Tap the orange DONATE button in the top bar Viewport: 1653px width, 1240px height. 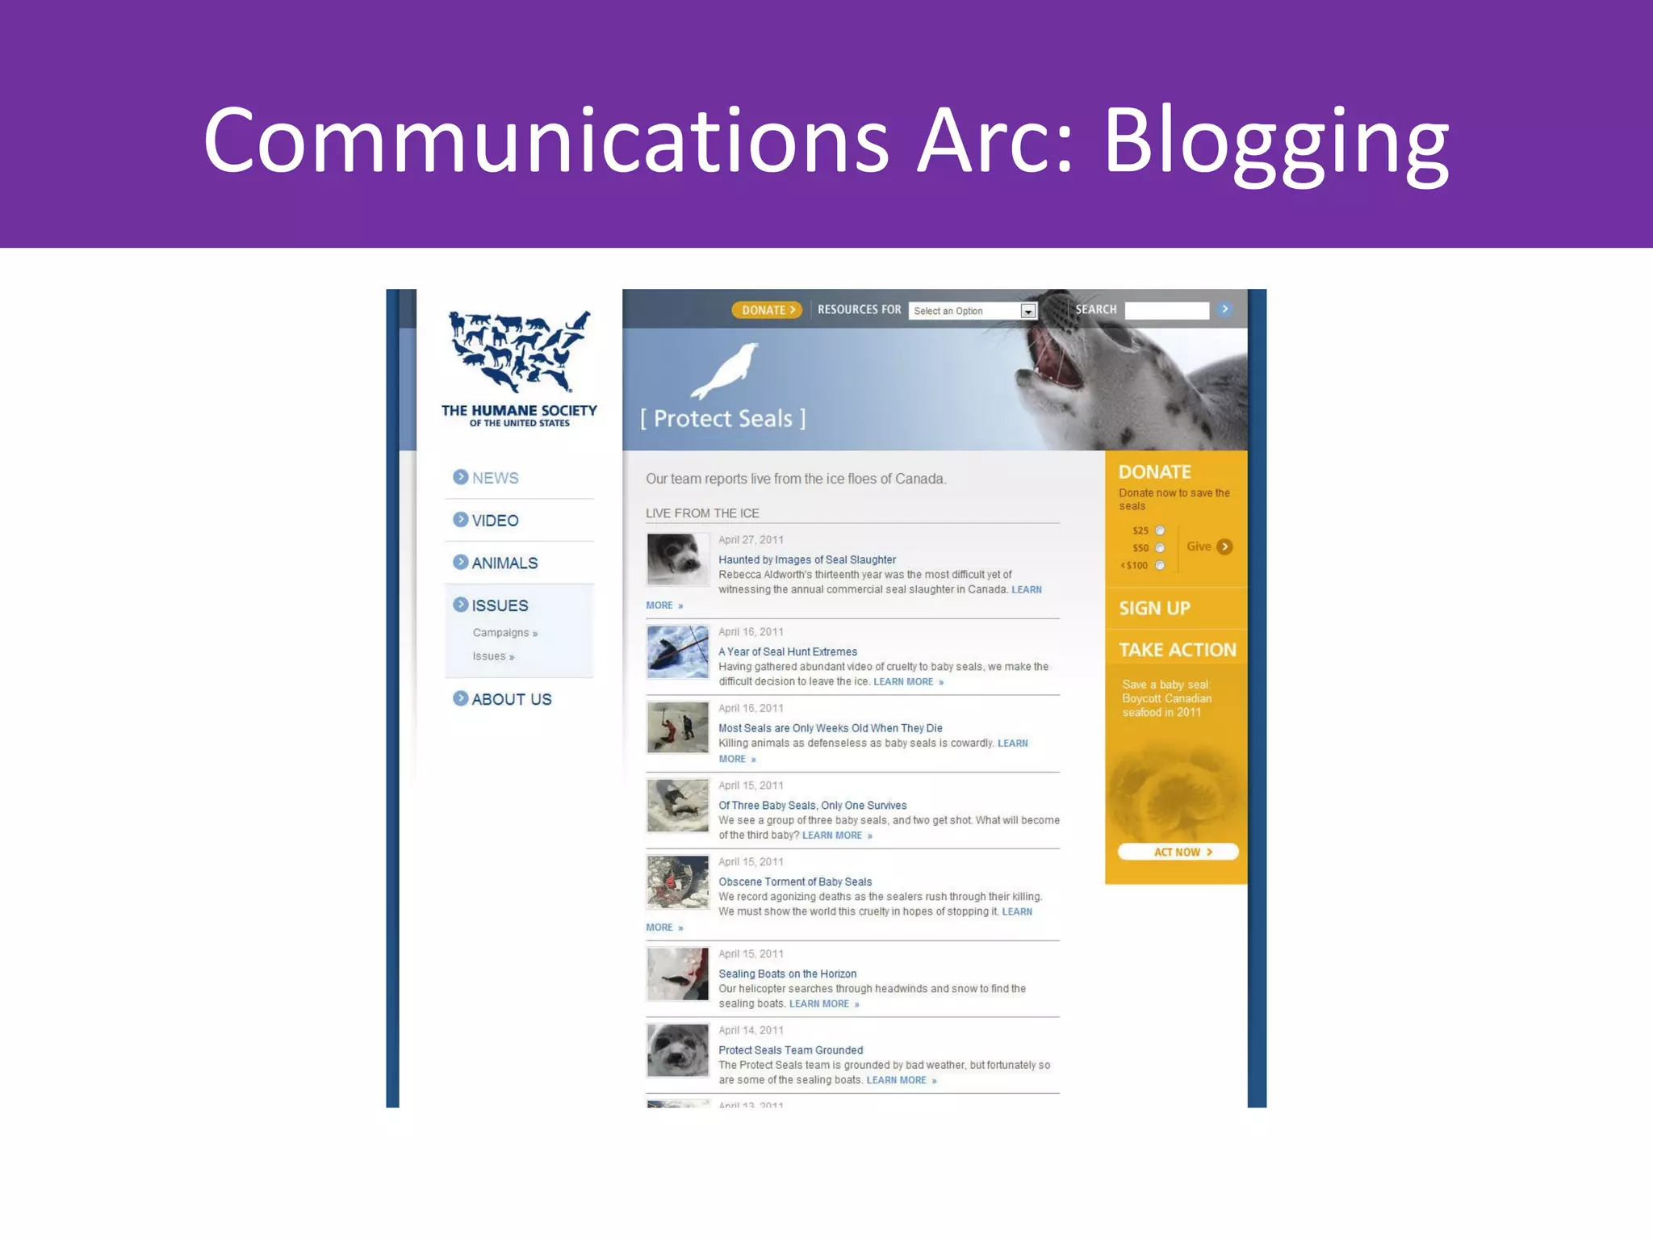[767, 310]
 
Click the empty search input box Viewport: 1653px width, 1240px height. [1166, 310]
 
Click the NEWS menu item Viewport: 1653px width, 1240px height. [495, 478]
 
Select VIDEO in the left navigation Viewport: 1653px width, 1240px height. [495, 521]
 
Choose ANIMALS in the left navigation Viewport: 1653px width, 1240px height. [504, 563]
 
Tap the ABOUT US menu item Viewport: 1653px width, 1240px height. [511, 699]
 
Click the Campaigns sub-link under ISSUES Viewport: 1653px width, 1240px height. [501, 633]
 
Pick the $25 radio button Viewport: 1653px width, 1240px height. [1160, 530]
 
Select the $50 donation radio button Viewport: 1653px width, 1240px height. [1160, 547]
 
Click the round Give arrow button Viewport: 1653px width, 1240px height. [1224, 547]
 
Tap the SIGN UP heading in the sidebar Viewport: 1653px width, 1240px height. [1154, 608]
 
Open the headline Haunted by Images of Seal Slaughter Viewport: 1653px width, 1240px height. [807, 559]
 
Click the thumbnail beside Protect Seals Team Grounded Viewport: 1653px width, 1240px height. [677, 1050]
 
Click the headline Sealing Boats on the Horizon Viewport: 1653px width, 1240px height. [788, 974]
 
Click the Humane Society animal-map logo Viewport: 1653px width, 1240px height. [520, 352]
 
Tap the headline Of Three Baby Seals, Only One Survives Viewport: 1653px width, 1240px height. [813, 805]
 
